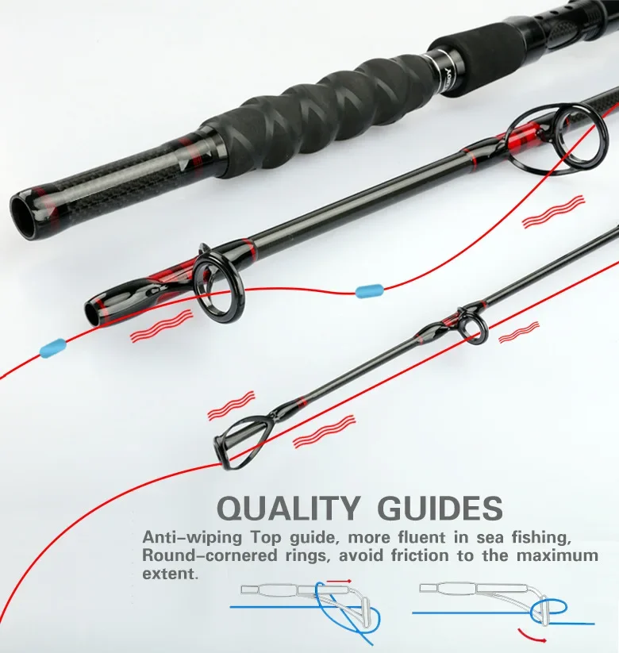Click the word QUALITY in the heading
(288, 508)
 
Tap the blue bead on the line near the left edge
(53, 347)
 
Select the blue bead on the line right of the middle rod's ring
(369, 290)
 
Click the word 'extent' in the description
(168, 574)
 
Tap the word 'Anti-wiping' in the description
(192, 538)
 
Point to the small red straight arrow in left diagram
(339, 581)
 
